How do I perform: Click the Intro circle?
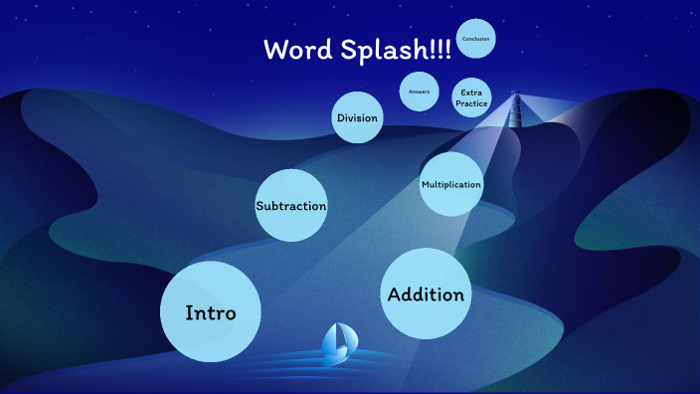[211, 311]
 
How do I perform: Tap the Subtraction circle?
[291, 206]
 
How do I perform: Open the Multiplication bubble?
[450, 184]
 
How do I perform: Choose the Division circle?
[357, 118]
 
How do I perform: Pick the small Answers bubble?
[419, 92]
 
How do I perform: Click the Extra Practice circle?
[471, 98]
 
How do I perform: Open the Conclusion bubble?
[476, 39]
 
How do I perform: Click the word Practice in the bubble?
[471, 103]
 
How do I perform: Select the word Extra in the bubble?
[471, 93]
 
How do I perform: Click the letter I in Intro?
[189, 312]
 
